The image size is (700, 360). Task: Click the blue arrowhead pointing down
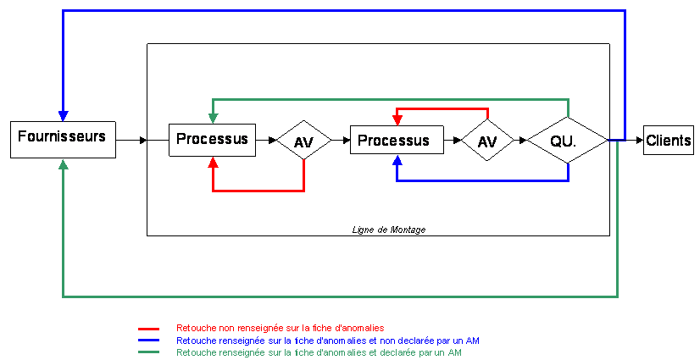tap(63, 116)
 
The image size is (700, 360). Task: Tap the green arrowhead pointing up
tap(63, 164)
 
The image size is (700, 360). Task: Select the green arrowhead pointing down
tap(213, 117)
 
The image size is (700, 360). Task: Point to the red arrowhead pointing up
tap(213, 162)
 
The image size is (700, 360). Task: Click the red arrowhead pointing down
tap(397, 119)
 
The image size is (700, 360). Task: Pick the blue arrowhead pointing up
tap(397, 161)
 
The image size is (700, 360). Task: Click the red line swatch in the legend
tap(148, 329)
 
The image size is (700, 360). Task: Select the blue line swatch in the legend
tap(148, 341)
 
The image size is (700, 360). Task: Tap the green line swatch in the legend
tap(148, 352)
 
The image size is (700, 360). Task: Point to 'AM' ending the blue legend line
tap(474, 341)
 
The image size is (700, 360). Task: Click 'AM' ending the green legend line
tap(454, 352)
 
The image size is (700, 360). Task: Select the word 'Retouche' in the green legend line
tap(197, 352)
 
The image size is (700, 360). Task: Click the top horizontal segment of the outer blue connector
tap(339, 11)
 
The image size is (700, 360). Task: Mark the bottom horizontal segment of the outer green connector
tap(339, 296)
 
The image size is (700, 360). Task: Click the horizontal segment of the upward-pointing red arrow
tap(258, 191)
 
